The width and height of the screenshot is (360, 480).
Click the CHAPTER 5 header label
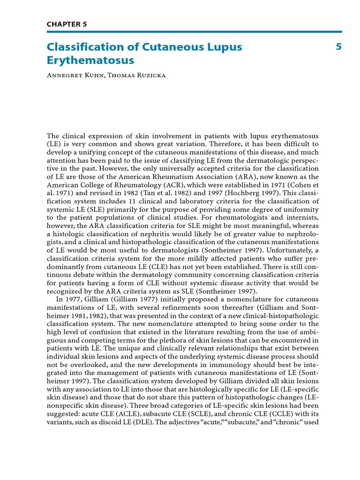tap(67, 24)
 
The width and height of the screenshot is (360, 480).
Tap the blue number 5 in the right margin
tap(338, 47)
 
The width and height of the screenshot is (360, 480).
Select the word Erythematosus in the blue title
tap(90, 60)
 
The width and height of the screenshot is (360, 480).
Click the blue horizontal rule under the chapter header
tap(194, 32)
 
